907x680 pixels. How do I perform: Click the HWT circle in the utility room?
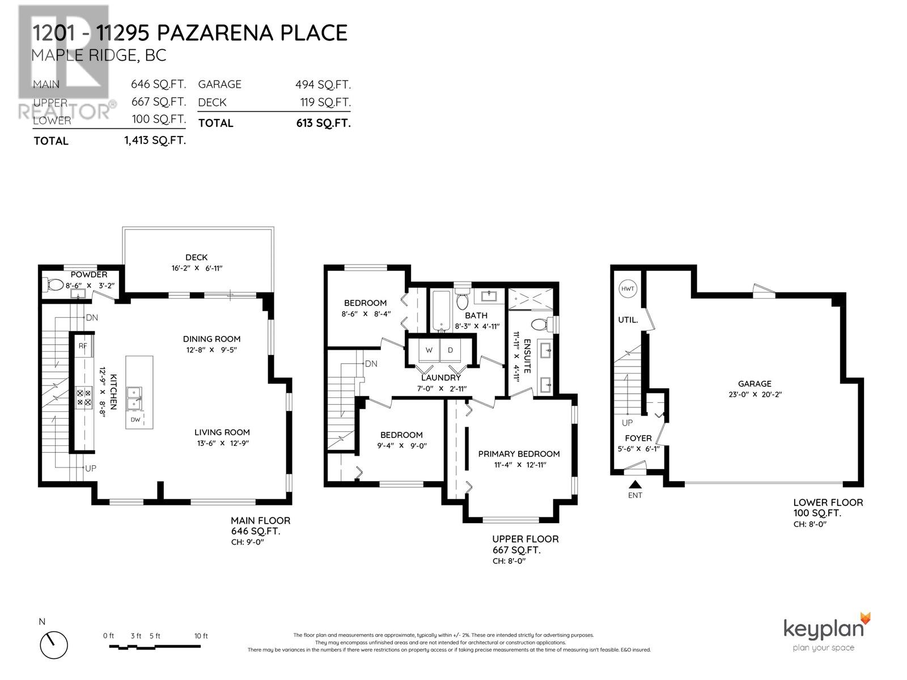[628, 288]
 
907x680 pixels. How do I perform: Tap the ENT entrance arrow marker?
[635, 484]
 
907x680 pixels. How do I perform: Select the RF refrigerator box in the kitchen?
[83, 346]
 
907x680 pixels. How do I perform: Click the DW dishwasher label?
[135, 420]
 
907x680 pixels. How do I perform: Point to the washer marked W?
[429, 351]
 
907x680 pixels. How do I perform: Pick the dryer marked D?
[451, 351]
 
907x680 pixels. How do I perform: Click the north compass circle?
[54, 644]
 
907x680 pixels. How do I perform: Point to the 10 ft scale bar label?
[201, 636]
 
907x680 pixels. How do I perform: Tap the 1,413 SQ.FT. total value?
[155, 141]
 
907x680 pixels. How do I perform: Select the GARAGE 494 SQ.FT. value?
[323, 85]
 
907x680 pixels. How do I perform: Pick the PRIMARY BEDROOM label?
[519, 454]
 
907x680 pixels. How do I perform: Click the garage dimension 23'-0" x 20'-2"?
[754, 395]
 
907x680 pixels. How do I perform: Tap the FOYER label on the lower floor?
[638, 438]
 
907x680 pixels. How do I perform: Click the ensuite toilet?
[539, 325]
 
